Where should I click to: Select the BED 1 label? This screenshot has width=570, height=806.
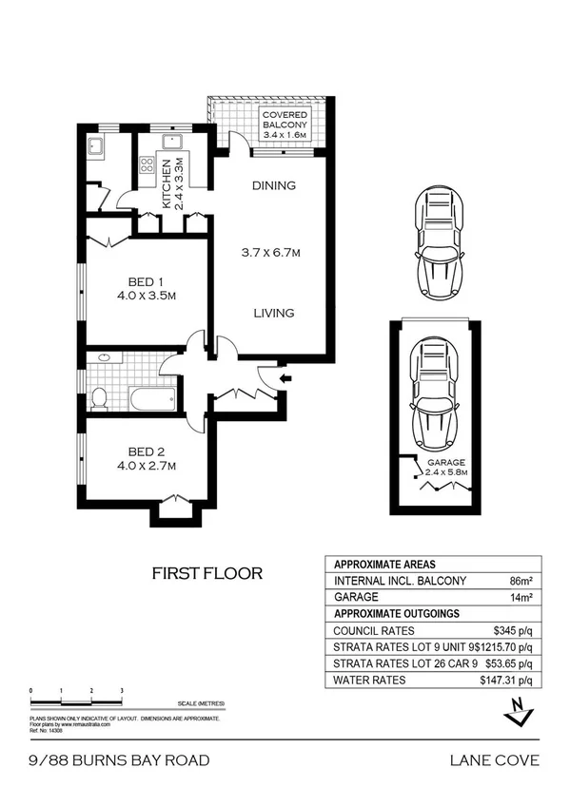146,287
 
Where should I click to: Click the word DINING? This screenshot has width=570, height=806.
274,185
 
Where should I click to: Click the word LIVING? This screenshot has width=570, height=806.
273,313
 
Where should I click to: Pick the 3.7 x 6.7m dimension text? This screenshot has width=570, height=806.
273,252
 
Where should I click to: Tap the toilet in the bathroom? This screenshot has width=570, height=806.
99,397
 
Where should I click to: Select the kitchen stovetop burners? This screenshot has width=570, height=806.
147,165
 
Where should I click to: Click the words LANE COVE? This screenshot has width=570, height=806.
494,759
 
